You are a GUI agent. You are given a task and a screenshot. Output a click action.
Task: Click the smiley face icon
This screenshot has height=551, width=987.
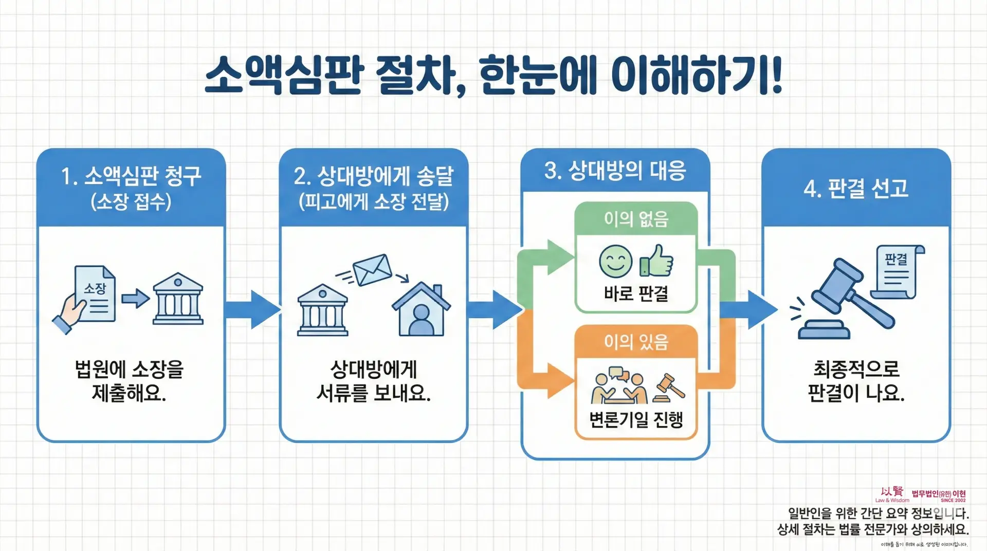point(615,261)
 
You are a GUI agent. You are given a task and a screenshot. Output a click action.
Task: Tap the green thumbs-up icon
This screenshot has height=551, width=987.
point(657,261)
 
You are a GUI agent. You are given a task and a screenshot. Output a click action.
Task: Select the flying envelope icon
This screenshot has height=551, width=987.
point(373,269)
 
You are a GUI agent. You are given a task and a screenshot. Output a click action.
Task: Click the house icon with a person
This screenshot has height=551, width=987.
point(421,309)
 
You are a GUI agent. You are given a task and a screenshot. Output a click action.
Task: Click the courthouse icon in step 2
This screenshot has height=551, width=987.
point(322,310)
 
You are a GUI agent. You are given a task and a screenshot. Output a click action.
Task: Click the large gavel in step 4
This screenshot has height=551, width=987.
point(848,298)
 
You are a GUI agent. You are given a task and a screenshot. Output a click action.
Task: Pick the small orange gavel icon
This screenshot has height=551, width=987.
point(669,389)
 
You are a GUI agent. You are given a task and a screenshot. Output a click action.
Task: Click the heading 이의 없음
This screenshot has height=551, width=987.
point(636,219)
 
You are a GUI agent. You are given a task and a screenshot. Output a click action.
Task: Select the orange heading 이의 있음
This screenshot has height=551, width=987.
point(636,342)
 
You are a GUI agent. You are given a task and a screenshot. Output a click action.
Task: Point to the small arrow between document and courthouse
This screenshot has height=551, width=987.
point(135,298)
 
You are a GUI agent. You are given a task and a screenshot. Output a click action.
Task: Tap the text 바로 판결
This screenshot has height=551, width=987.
point(636,293)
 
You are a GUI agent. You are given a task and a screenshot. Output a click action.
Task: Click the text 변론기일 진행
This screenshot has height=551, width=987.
point(636,419)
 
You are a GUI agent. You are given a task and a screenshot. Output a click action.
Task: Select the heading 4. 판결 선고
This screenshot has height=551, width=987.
point(856,189)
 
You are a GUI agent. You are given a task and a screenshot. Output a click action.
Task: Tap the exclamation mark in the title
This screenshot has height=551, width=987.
point(776,76)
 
